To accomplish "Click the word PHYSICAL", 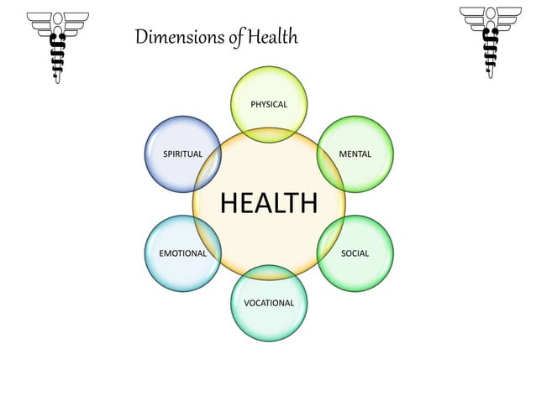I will pos(269,105).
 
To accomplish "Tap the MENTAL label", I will pos(355,154).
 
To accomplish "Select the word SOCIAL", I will pos(355,253).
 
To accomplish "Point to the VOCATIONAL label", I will pos(269,302).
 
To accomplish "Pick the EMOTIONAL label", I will pos(182,253).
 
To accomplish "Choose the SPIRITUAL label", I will pos(182,154).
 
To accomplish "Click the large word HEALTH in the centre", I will pos(269,203).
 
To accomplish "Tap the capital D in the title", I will pos(141,37).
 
